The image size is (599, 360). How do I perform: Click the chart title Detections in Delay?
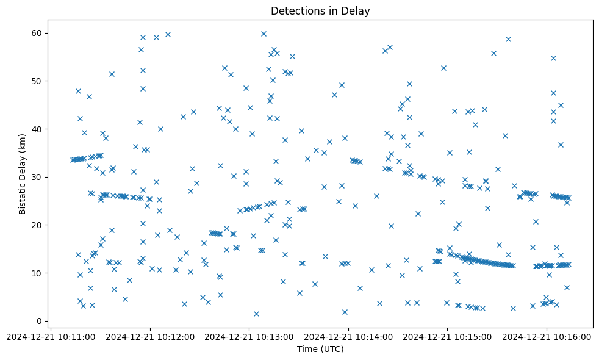point(320,11)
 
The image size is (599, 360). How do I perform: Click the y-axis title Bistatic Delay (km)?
point(23,177)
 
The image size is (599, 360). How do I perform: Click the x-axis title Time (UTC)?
point(320,349)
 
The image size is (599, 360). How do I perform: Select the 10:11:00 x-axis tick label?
point(52,336)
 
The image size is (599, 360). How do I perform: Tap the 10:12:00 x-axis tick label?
point(151,336)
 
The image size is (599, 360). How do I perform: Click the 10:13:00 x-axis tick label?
point(249,336)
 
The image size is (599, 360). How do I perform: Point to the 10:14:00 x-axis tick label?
point(348,336)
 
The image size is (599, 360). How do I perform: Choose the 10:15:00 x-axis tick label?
point(447,336)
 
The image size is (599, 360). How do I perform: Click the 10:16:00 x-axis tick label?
point(546,336)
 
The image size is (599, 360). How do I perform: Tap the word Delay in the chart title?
point(357,11)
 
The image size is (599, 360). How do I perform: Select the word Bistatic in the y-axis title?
point(23,196)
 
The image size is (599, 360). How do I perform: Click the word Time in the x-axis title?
point(307,349)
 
